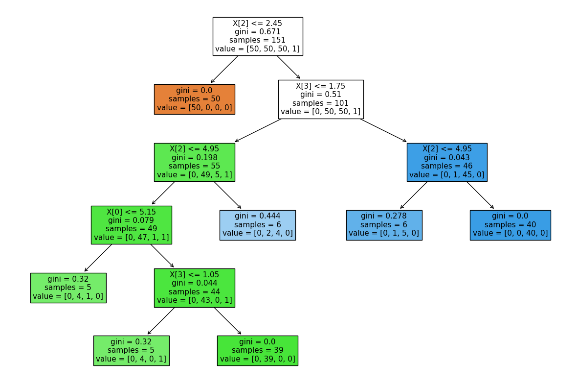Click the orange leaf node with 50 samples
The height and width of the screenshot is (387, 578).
(x=194, y=99)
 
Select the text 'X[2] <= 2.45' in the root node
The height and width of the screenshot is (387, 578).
(x=257, y=23)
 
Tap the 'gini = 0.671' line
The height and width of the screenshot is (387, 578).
(x=257, y=32)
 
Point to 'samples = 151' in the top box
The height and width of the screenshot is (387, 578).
(x=257, y=41)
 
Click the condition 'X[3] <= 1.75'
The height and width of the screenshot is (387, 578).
(x=320, y=86)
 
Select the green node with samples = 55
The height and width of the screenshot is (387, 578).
(x=194, y=162)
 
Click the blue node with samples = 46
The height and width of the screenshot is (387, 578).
(x=446, y=162)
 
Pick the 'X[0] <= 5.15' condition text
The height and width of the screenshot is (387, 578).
(x=131, y=212)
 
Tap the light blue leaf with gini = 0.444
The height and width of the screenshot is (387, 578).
(x=257, y=225)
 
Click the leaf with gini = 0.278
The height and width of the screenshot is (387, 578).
(x=384, y=225)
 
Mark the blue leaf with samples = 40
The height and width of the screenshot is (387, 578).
(x=510, y=225)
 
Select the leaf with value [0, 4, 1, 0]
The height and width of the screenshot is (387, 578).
(x=68, y=288)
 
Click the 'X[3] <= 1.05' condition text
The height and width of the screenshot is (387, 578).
(x=194, y=274)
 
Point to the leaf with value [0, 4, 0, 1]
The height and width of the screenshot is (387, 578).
(x=131, y=350)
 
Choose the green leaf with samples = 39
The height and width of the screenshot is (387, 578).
(x=257, y=350)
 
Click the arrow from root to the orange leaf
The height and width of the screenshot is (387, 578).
(x=224, y=69)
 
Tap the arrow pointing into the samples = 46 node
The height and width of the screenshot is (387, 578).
(x=383, y=130)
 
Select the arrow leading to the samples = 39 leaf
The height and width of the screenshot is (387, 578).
(x=227, y=321)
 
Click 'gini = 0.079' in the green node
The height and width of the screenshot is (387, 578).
(x=131, y=220)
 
